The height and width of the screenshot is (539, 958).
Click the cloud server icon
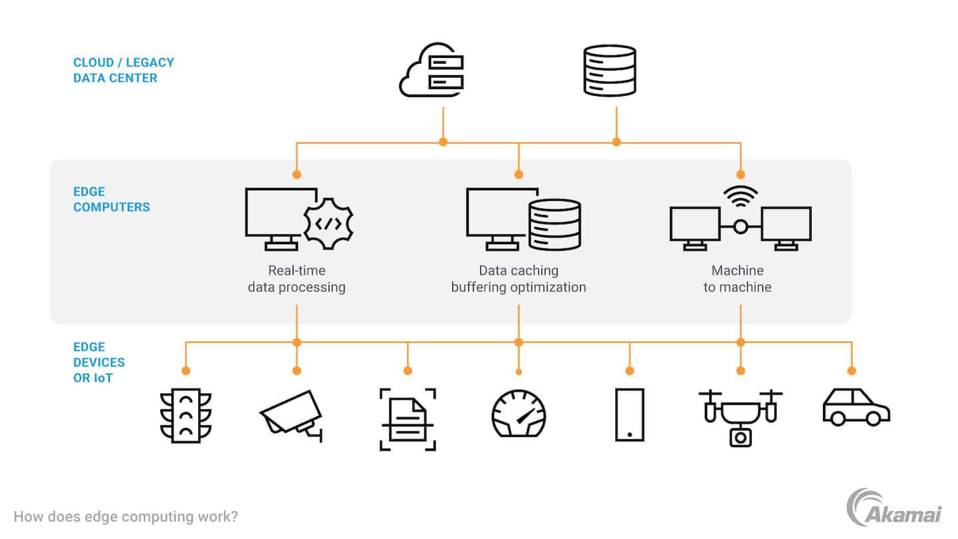click(x=432, y=71)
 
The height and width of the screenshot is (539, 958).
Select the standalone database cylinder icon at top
click(x=609, y=70)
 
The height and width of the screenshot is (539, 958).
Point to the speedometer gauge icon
click(x=519, y=413)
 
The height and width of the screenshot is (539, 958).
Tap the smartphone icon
click(x=629, y=415)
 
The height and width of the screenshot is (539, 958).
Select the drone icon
click(x=740, y=416)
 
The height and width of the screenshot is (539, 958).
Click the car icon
click(x=856, y=407)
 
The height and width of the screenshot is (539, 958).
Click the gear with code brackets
click(x=328, y=224)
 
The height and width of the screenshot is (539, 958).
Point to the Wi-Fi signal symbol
click(x=740, y=194)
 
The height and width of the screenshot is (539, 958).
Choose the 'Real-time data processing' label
click(x=297, y=279)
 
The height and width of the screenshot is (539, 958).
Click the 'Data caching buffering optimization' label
click(x=519, y=279)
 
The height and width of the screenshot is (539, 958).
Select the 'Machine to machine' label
click(x=737, y=279)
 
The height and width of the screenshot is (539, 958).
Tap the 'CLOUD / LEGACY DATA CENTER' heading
click(x=124, y=70)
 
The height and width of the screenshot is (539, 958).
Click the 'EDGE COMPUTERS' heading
click(x=112, y=199)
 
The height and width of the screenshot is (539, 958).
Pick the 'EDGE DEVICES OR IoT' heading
click(x=99, y=362)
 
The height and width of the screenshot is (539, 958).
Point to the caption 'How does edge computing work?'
click(x=126, y=516)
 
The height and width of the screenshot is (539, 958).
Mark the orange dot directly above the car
click(x=851, y=371)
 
